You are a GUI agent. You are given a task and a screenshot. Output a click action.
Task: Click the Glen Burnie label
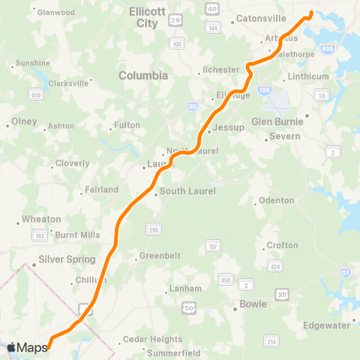277,121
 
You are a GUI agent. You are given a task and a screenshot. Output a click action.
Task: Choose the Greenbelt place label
160,255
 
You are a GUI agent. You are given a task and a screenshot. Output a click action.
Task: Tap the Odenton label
276,201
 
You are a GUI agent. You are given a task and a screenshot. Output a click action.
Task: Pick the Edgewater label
326,325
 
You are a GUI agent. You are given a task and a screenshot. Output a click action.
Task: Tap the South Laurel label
182,193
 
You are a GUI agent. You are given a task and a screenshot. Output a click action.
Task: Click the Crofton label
282,245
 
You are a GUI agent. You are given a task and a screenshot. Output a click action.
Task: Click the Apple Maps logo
26,347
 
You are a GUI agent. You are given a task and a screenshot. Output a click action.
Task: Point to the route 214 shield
271,341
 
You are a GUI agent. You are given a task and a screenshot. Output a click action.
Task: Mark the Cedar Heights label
152,339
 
